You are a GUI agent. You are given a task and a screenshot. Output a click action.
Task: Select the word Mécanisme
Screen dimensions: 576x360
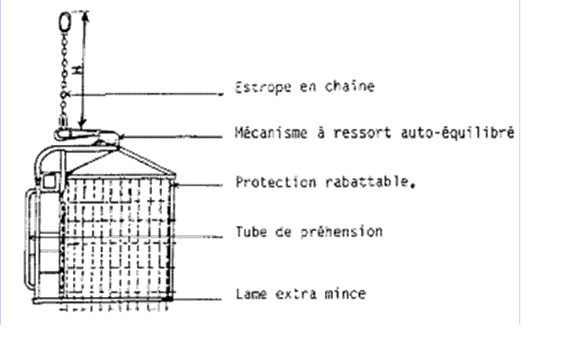click(271, 132)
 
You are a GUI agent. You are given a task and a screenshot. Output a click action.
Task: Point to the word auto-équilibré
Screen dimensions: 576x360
click(457, 132)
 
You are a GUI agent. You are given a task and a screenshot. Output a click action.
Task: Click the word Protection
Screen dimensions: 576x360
click(276, 182)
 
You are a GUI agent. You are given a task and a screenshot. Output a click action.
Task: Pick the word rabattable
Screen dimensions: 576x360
click(368, 182)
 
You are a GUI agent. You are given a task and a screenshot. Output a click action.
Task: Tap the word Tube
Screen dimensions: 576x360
click(251, 232)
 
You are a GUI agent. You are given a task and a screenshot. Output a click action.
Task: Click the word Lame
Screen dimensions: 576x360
click(251, 294)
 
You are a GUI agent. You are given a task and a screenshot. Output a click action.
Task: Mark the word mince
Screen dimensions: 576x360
click(346, 293)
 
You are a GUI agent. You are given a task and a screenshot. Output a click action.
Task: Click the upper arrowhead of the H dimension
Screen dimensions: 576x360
click(85, 14)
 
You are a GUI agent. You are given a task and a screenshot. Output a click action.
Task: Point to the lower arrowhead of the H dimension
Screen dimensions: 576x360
click(83, 122)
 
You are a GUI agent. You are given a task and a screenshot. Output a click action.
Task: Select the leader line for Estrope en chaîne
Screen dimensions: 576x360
click(143, 94)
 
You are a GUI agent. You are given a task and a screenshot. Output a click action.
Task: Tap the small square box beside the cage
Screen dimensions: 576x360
click(49, 182)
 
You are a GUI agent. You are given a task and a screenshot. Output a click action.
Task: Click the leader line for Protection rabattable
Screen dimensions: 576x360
click(198, 184)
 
